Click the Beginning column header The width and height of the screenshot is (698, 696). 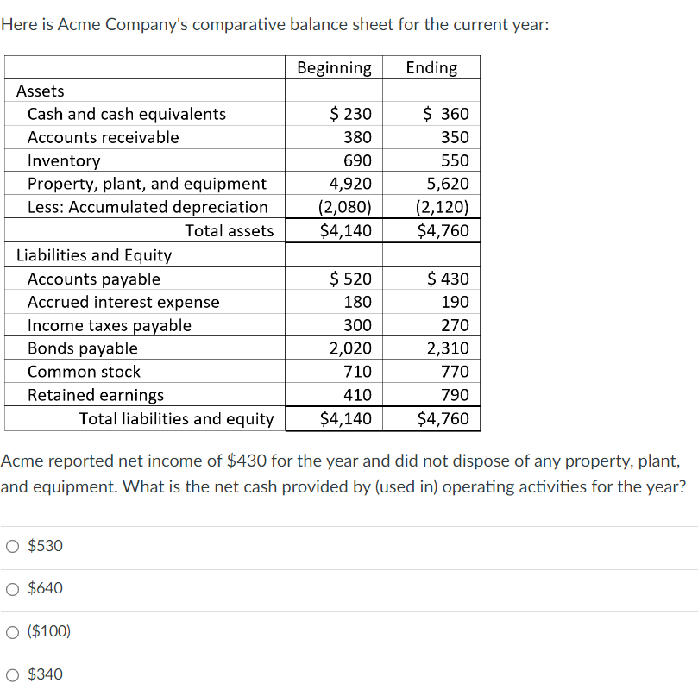pyautogui.click(x=334, y=68)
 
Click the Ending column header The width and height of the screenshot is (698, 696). pyautogui.click(x=431, y=68)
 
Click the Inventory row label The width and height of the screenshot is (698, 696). pyautogui.click(x=64, y=160)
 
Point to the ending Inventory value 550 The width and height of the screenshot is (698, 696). pyautogui.click(x=455, y=160)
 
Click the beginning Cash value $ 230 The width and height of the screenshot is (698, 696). pyautogui.click(x=351, y=114)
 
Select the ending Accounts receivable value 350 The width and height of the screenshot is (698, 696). pyautogui.click(x=455, y=137)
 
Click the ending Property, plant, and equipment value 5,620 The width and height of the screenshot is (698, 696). pyautogui.click(x=449, y=184)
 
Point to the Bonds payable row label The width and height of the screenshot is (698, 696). pyautogui.click(x=83, y=348)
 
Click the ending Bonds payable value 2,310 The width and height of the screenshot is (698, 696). pyautogui.click(x=449, y=348)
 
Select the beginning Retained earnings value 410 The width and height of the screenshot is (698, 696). pyautogui.click(x=358, y=395)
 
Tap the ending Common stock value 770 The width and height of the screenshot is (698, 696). pyautogui.click(x=455, y=372)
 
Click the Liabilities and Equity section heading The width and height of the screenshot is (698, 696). pyautogui.click(x=94, y=255)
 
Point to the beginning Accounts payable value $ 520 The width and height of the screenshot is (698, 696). pyautogui.click(x=351, y=279)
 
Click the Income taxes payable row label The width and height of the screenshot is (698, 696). pyautogui.click(x=110, y=325)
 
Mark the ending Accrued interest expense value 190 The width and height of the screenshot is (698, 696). pyautogui.click(x=455, y=302)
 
